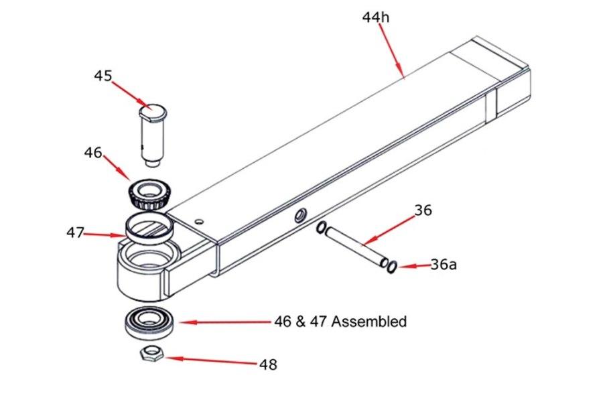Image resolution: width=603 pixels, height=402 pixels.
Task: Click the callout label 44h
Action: click(x=375, y=17)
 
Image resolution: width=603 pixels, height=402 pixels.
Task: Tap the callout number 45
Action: click(x=103, y=76)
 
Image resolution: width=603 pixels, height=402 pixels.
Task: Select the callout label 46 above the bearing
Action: click(x=93, y=153)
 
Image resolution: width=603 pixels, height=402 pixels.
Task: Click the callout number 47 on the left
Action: click(x=75, y=232)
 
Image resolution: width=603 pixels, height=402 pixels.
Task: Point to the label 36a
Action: click(x=443, y=264)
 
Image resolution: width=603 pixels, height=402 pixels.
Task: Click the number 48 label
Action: click(x=268, y=364)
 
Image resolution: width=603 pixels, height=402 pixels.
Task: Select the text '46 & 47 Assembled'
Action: click(x=340, y=322)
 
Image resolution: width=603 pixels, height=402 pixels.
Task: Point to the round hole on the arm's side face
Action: click(x=299, y=215)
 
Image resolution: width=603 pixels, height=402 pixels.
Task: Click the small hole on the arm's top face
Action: click(x=198, y=220)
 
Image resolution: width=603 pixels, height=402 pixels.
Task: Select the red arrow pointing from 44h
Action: click(x=393, y=50)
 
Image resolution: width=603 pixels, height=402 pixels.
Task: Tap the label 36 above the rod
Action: click(x=423, y=210)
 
